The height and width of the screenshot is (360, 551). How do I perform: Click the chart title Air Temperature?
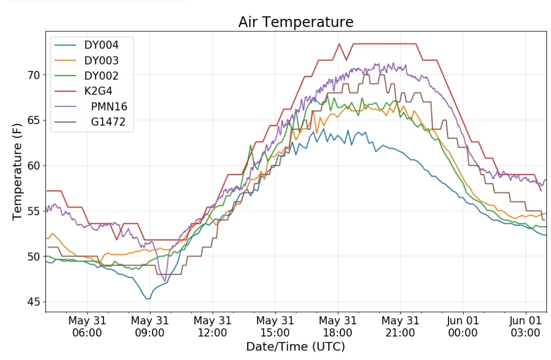point(295,22)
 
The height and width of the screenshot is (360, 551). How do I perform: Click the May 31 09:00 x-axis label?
point(149,326)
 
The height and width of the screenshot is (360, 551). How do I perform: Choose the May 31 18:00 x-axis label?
point(338,326)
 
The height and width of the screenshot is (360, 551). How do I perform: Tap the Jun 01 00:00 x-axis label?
point(463,326)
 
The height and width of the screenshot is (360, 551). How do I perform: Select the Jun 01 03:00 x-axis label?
point(525,326)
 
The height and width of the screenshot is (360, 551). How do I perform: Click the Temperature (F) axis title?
point(17,172)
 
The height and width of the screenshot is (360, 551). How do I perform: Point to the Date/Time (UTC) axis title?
point(295,347)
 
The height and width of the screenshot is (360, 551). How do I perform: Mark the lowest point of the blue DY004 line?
point(148,299)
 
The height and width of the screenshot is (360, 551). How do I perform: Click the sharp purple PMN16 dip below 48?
point(165,280)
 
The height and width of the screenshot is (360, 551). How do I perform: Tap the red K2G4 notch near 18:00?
point(346,60)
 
